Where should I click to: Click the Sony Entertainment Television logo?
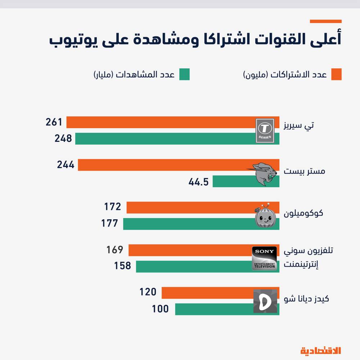265,258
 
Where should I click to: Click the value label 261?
54,122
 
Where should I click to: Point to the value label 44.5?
198,182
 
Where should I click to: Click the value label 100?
160,309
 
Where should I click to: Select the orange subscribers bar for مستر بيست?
162,165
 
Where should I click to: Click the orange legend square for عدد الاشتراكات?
336,75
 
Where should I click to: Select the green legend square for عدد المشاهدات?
184,75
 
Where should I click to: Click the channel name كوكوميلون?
303,213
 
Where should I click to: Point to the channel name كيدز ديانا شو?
306,299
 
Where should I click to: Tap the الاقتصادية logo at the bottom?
320,350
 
